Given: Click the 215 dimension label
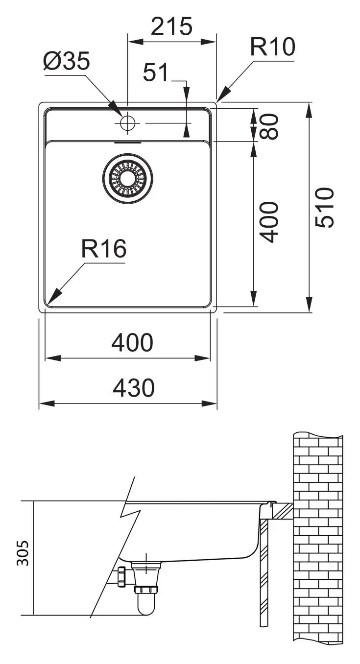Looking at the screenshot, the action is pyautogui.click(x=172, y=26).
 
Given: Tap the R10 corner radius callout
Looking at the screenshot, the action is pyautogui.click(x=272, y=47).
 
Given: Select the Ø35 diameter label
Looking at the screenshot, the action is pyautogui.click(x=66, y=61).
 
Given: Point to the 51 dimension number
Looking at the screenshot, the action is pyautogui.click(x=155, y=72).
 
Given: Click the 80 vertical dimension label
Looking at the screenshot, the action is pyautogui.click(x=269, y=126).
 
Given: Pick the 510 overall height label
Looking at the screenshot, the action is pyautogui.click(x=324, y=208).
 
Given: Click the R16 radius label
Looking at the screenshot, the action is pyautogui.click(x=104, y=248).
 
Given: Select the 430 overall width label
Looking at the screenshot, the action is pyautogui.click(x=134, y=387).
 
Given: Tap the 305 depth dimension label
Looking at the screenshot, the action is pyautogui.click(x=23, y=553).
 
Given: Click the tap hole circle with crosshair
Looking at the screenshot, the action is pyautogui.click(x=127, y=123).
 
